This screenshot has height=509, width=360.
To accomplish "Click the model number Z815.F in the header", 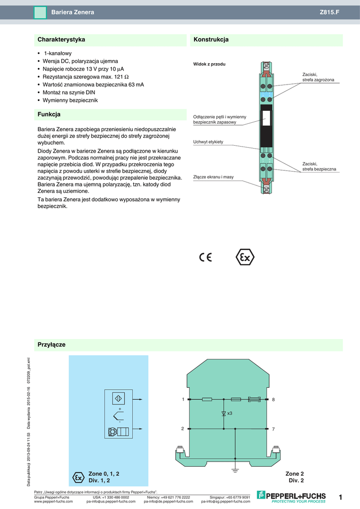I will coord(329,11).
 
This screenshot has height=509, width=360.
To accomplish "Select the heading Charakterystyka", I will coord(62,39).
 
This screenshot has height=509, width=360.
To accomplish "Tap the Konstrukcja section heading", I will coord(211,39).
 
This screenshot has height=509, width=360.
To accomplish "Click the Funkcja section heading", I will coord(49,114).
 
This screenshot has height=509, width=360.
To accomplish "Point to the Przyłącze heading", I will coord(52,344).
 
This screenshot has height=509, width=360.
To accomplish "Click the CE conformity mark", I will coord(205,257).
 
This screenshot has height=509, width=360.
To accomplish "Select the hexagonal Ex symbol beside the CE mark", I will coord(245,257).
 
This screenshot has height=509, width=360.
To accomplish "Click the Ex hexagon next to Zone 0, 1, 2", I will coord(78,477).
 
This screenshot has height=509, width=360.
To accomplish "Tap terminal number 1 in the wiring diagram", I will coord(183,399).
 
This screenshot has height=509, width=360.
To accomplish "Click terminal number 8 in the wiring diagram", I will coord(273,400).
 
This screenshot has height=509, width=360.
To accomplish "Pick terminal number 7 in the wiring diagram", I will coord(273,428).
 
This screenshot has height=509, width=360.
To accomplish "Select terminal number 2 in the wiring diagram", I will coord(183,428).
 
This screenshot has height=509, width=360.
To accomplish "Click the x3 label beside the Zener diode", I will coord(230,413).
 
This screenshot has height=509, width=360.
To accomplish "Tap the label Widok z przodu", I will coord(209,64).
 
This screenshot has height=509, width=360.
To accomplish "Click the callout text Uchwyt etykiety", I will coord(208,142).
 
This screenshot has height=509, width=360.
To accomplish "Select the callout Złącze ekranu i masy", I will coord(213,177).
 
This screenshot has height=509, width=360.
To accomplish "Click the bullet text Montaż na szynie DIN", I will coord(69,92).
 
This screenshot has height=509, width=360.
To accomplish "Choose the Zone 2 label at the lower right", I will coord(294,474).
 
